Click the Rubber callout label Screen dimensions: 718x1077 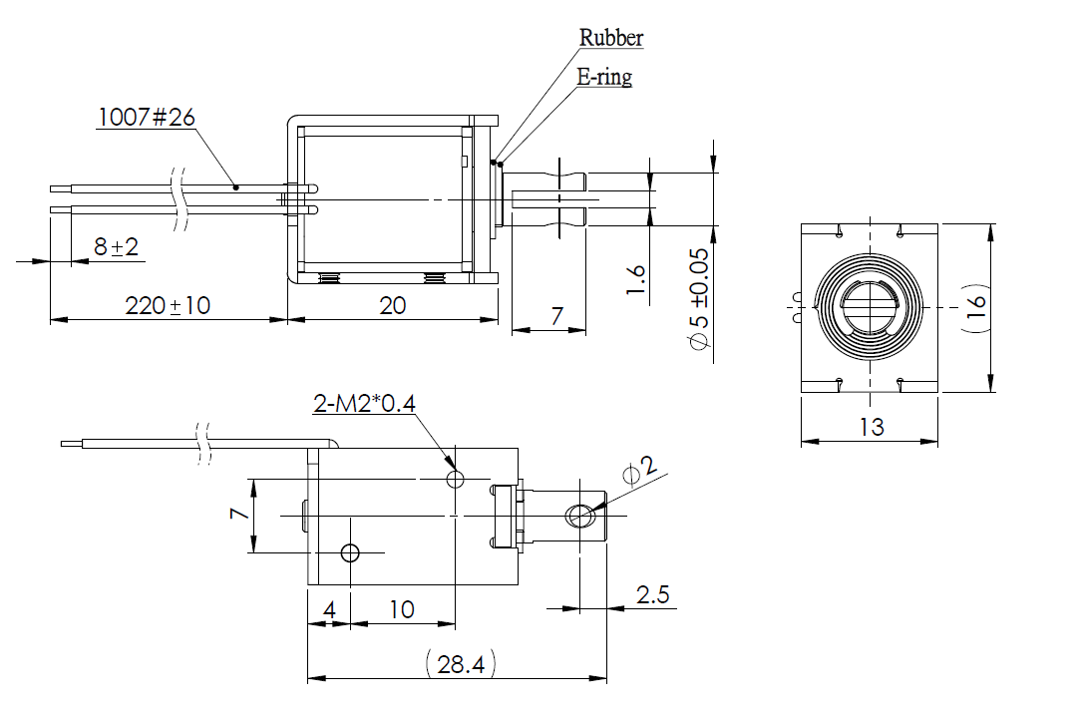(611, 38)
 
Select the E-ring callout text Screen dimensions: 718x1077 (604, 77)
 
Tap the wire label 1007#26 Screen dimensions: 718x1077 (146, 117)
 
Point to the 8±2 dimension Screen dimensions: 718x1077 (116, 246)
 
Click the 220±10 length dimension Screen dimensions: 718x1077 (169, 305)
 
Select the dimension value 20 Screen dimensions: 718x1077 (393, 305)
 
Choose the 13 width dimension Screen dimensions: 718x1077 (871, 427)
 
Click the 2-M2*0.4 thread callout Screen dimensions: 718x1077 (363, 403)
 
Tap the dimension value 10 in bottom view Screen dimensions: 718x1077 (402, 609)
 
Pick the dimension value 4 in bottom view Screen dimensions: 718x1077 (329, 609)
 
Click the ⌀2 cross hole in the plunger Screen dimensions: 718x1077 (578, 516)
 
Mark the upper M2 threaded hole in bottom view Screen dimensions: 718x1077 (456, 480)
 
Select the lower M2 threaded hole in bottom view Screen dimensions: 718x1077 (350, 552)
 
